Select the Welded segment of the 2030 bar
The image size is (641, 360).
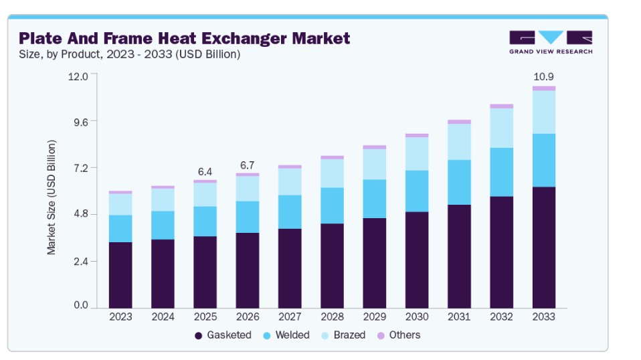[417, 191]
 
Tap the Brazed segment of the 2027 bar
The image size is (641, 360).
[290, 181]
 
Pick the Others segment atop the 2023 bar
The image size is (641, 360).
[120, 192]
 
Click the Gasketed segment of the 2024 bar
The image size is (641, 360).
[163, 273]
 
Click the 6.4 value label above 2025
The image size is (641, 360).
[205, 172]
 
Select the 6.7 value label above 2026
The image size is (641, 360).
[248, 165]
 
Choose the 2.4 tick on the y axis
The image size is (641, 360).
[79, 261]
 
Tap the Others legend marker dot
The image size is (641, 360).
[381, 335]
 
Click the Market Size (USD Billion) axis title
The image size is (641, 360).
[52, 197]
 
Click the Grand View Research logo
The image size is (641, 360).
[550, 41]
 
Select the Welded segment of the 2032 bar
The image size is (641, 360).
[502, 172]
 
